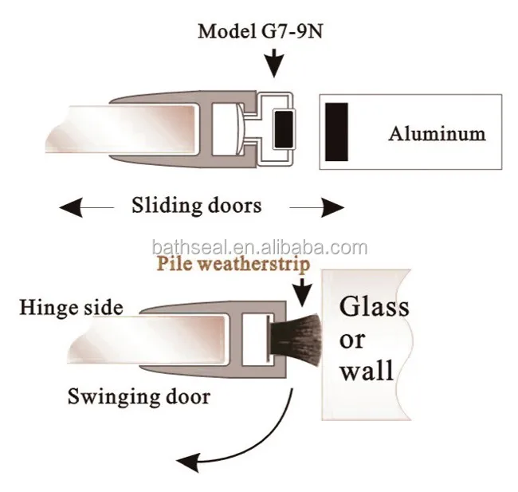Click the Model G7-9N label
(x=261, y=32)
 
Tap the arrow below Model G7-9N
(x=274, y=63)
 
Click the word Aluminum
(x=437, y=134)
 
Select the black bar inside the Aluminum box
(x=336, y=132)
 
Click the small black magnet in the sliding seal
(x=284, y=129)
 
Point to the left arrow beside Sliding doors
(x=87, y=207)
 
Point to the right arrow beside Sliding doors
(x=317, y=207)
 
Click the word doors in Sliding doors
(x=234, y=205)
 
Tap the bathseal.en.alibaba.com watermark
(x=260, y=248)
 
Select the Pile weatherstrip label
(x=233, y=264)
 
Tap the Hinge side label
(x=72, y=308)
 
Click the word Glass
(x=375, y=306)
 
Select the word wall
(x=367, y=369)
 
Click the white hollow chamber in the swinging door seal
(x=254, y=339)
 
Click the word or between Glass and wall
(x=352, y=340)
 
